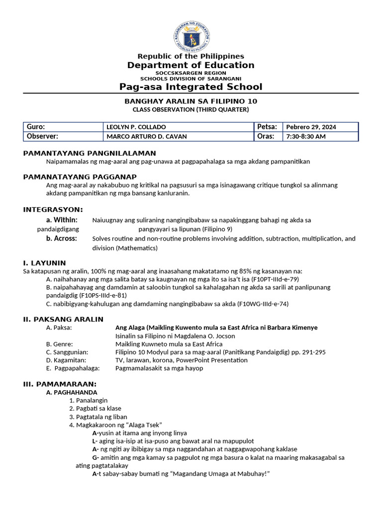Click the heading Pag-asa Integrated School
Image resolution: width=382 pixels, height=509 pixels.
[191, 87]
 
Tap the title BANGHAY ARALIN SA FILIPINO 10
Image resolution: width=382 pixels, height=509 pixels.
[191, 101]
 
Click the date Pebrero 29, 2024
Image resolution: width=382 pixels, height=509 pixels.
[311, 127]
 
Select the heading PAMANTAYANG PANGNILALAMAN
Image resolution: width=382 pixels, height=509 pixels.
[90, 153]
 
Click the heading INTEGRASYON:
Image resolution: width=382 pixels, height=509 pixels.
[53, 209]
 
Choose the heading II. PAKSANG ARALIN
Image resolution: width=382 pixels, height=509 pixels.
[64, 319]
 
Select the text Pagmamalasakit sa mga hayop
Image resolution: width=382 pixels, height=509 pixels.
[159, 368]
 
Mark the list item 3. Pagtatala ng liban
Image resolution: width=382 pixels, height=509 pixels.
[98, 417]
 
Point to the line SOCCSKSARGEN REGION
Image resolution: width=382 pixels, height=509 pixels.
[191, 73]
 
